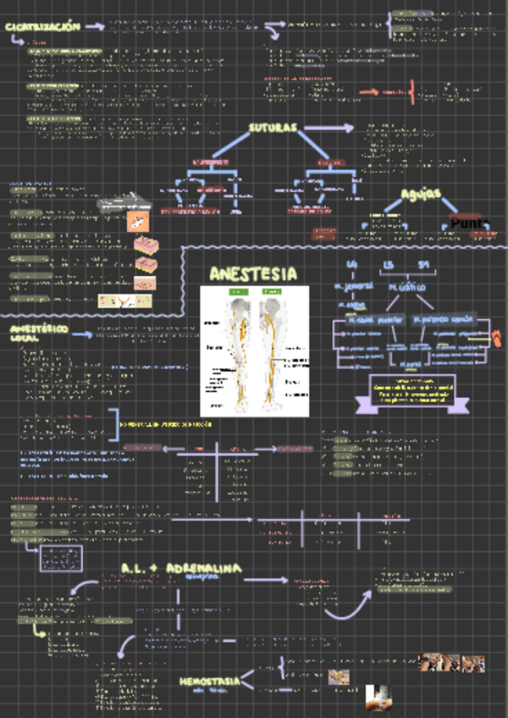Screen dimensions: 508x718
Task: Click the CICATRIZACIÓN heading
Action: point(42,27)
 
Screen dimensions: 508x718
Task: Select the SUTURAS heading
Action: point(273,128)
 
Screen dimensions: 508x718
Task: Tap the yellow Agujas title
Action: point(421,194)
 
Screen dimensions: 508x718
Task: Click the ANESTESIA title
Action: point(253,273)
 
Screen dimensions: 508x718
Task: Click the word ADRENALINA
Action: point(203,566)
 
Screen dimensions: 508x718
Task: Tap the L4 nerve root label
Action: point(352,266)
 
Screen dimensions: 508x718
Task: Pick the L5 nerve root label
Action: point(389,266)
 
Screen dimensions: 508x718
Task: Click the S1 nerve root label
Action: point(424,266)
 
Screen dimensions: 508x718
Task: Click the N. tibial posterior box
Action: point(376,320)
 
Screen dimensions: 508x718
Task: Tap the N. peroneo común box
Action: point(443,320)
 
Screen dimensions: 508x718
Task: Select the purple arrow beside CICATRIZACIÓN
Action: point(95,27)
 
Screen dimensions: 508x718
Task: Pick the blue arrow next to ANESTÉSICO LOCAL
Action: point(82,334)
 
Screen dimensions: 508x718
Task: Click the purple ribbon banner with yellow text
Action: point(403,392)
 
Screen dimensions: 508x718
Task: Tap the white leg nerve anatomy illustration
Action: point(254,350)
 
